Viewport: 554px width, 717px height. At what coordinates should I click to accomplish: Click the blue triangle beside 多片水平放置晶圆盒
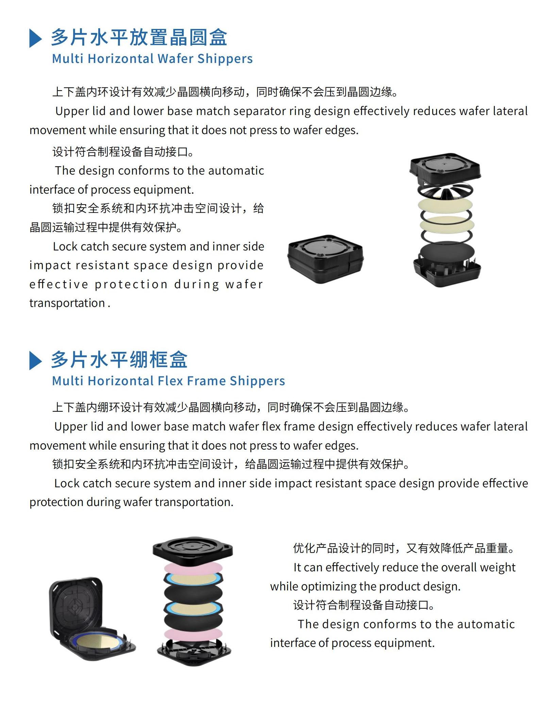[35, 38]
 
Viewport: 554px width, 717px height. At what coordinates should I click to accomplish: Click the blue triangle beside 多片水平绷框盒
[35, 360]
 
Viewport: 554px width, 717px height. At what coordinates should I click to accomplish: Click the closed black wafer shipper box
[325, 259]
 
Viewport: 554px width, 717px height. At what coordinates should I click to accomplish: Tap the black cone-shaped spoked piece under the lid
[445, 192]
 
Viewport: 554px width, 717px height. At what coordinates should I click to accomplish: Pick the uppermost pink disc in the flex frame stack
[194, 568]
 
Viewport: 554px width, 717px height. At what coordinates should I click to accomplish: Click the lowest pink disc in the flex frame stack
[194, 634]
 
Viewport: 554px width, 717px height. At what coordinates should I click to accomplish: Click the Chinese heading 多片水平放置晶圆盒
[139, 37]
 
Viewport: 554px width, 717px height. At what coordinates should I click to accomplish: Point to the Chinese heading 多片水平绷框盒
[119, 360]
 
